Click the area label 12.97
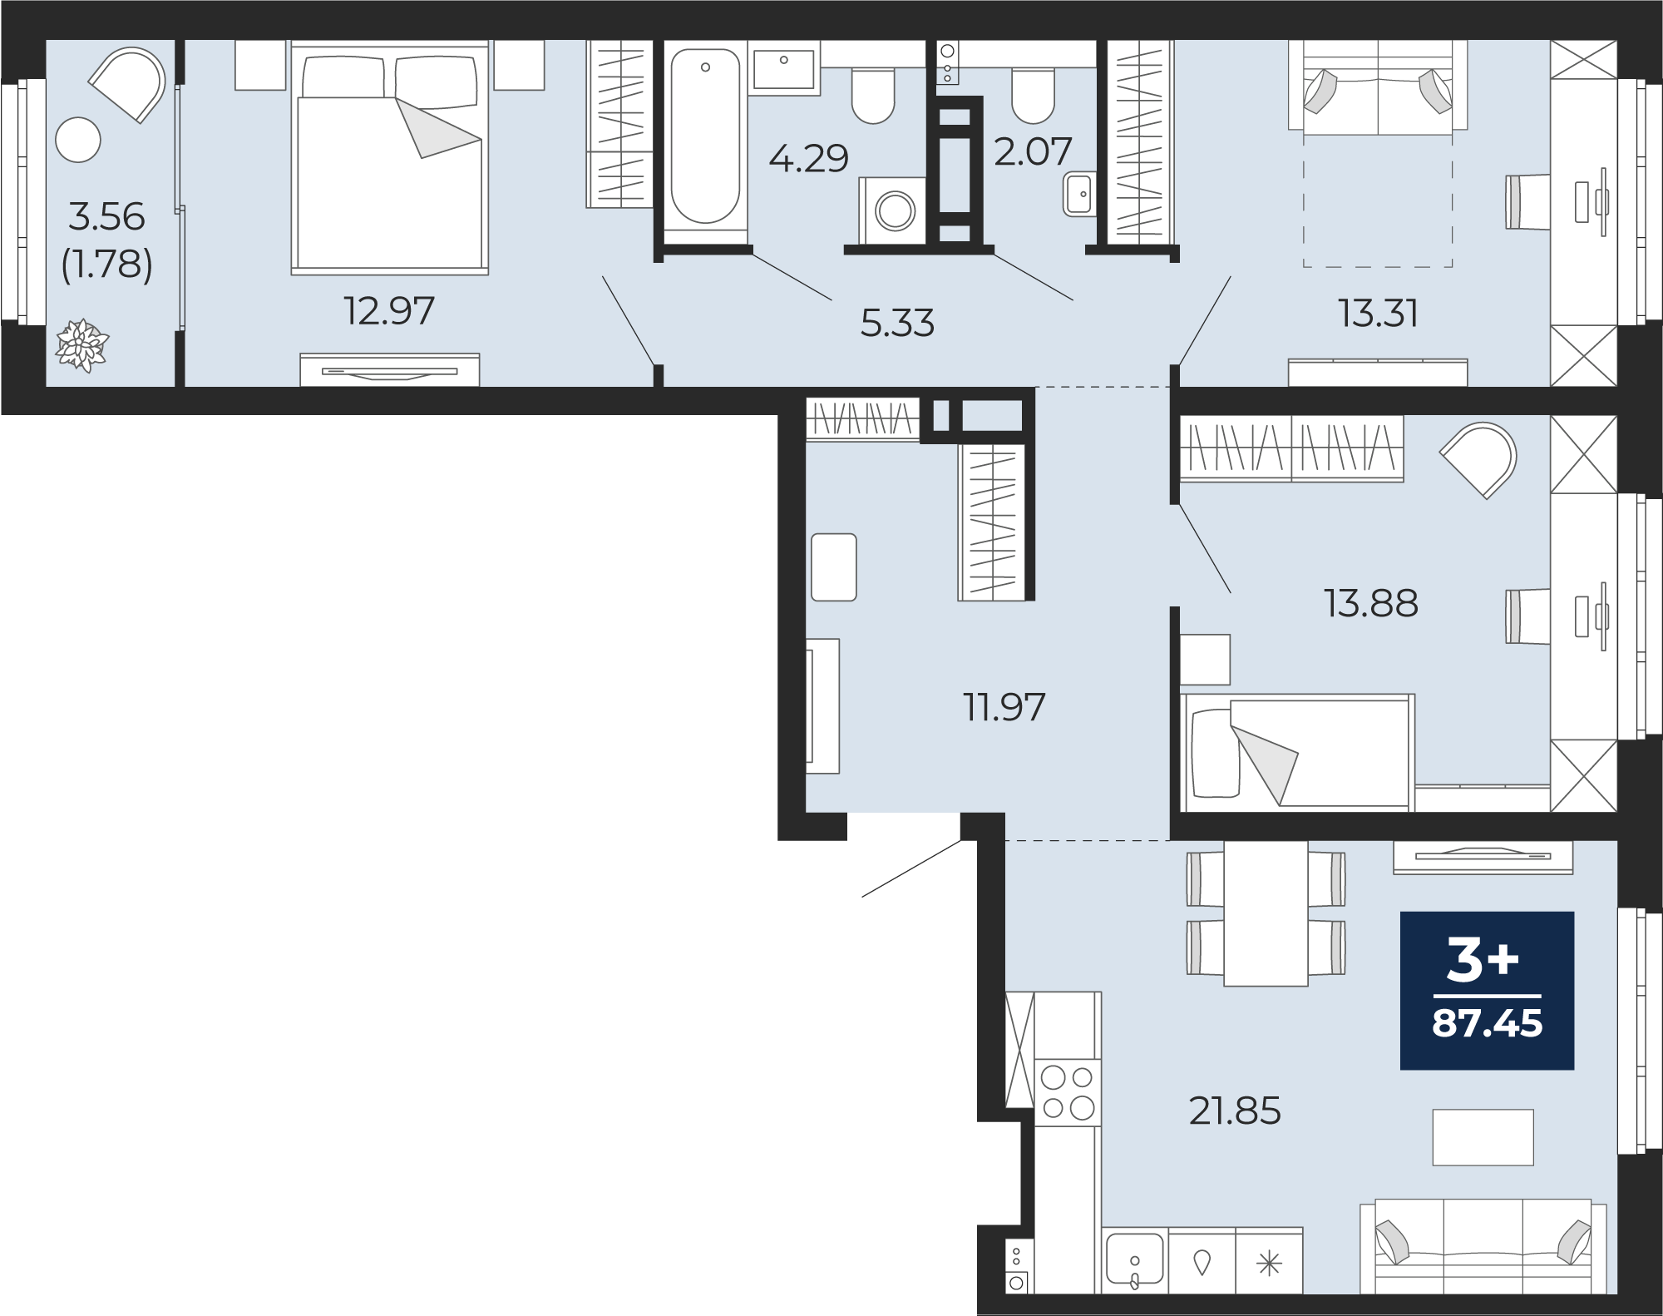pyautogui.click(x=389, y=312)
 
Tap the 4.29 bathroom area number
pyautogui.click(x=808, y=158)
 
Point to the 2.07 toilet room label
pyautogui.click(x=1033, y=152)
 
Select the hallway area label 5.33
pyautogui.click(x=897, y=324)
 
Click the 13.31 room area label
pyautogui.click(x=1378, y=314)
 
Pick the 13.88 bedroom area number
pyautogui.click(x=1371, y=603)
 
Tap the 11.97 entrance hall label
pyautogui.click(x=1004, y=707)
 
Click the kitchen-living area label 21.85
pyautogui.click(x=1235, y=1111)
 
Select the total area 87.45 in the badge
pyautogui.click(x=1487, y=1023)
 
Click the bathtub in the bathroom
pyautogui.click(x=705, y=137)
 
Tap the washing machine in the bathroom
pyautogui.click(x=894, y=210)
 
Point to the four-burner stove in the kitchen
pyautogui.click(x=1068, y=1092)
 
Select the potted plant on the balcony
pyautogui.click(x=81, y=344)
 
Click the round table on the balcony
pyautogui.click(x=78, y=140)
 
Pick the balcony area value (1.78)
pyautogui.click(x=107, y=265)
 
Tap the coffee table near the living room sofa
pyautogui.click(x=1483, y=1137)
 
